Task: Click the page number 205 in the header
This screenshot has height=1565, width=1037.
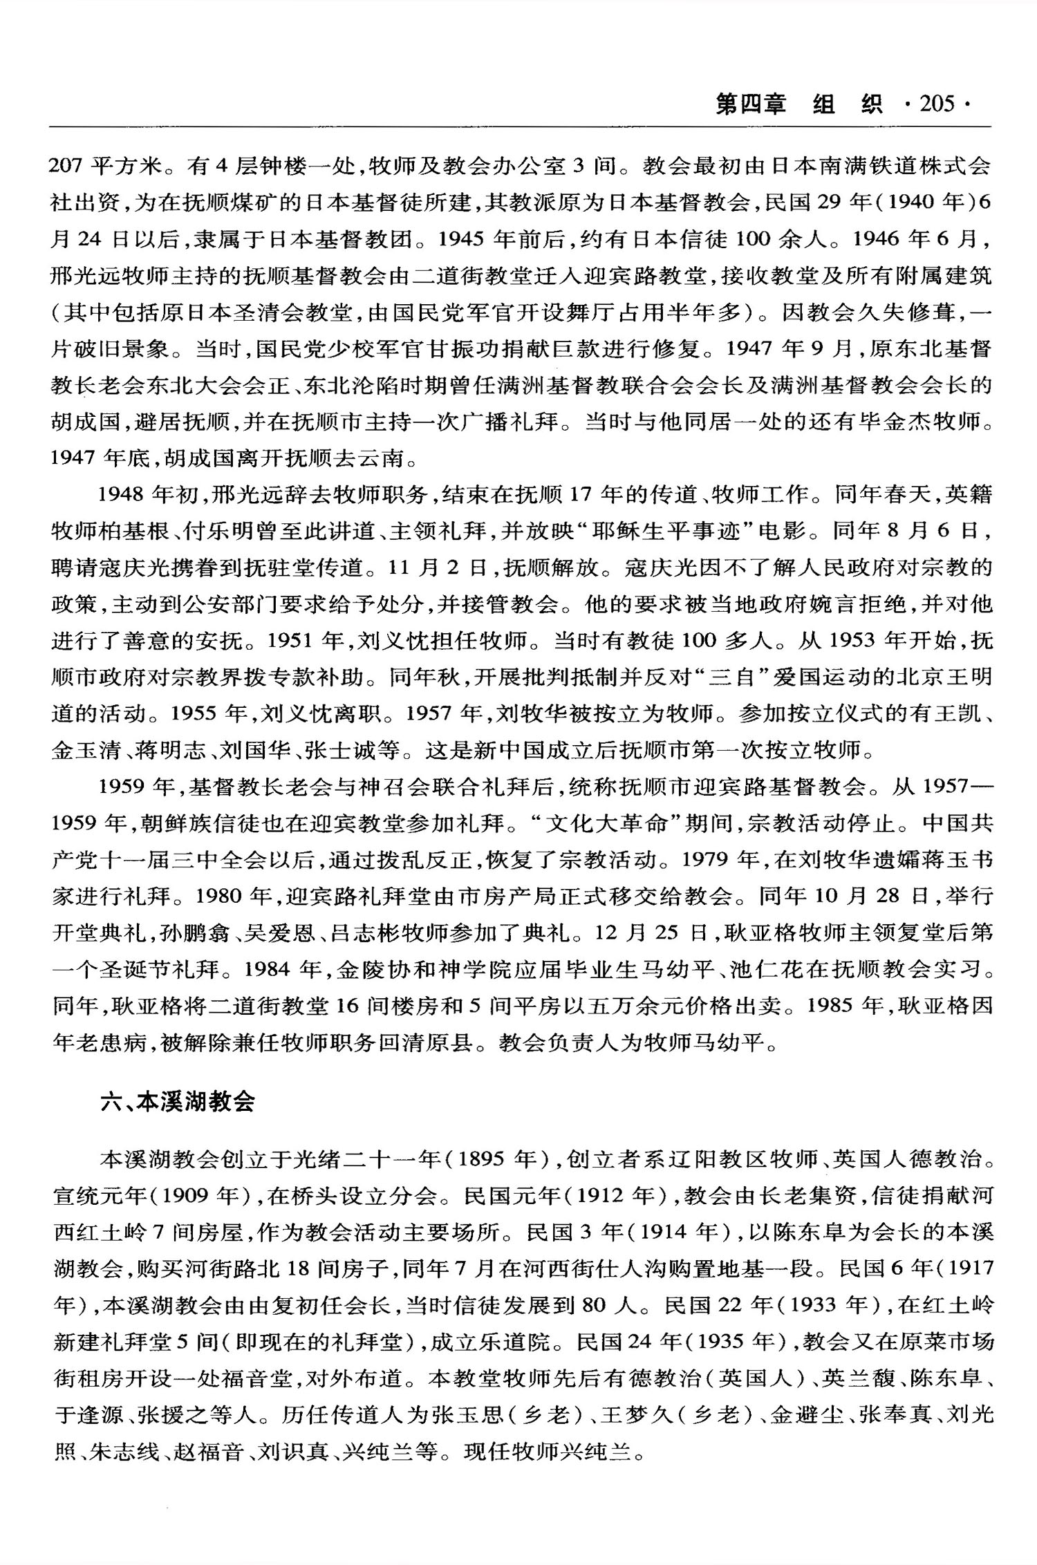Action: point(937,104)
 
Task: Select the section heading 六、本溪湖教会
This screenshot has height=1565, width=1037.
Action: point(178,1101)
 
